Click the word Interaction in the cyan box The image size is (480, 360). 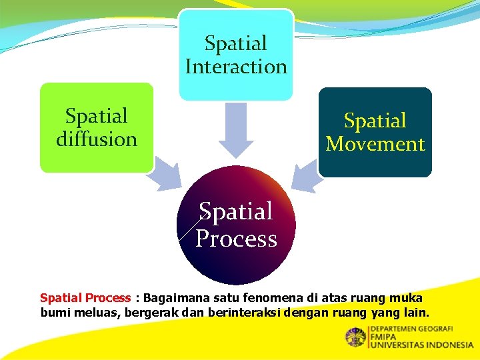(x=236, y=67)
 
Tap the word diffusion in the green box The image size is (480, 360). (x=97, y=139)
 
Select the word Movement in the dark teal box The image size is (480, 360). (x=375, y=144)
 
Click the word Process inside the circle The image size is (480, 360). (x=236, y=239)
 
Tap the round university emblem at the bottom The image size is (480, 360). (x=355, y=337)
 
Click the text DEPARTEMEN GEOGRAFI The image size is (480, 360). (x=411, y=329)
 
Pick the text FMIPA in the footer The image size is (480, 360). (x=384, y=337)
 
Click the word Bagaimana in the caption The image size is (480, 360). (x=170, y=298)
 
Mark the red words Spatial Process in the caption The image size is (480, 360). (x=85, y=298)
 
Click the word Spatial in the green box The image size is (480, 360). (x=97, y=116)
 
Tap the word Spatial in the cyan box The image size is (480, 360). (x=236, y=43)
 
